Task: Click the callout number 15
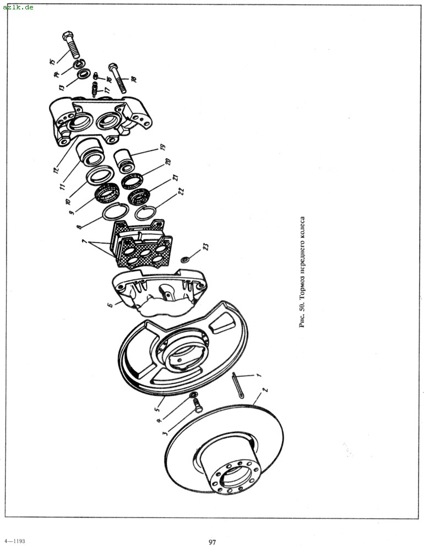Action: [52, 62]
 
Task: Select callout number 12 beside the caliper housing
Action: [55, 170]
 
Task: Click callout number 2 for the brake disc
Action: [265, 390]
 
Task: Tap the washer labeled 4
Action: [193, 395]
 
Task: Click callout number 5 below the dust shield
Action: [157, 408]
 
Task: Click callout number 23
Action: [206, 246]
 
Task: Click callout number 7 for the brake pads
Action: [84, 241]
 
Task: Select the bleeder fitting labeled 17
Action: [94, 90]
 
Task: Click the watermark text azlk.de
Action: [18, 7]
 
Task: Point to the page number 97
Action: [212, 542]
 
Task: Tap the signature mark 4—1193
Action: [15, 541]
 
